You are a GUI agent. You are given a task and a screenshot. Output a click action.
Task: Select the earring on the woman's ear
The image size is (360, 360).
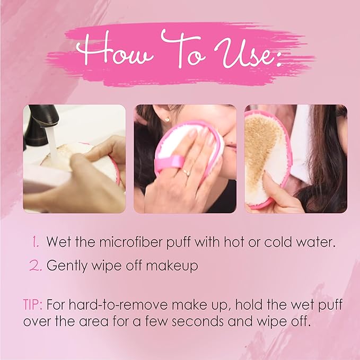click(169, 119)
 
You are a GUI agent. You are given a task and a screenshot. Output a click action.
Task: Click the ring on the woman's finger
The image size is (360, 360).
click(186, 172)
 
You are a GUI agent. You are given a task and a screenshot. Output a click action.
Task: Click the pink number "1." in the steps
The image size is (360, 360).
click(36, 242)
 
